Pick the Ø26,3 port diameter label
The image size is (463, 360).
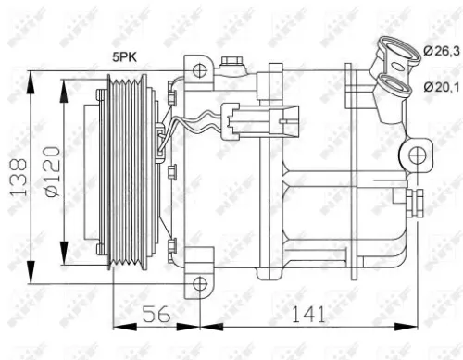click(x=441, y=53)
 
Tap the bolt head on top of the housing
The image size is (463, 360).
click(x=231, y=64)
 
